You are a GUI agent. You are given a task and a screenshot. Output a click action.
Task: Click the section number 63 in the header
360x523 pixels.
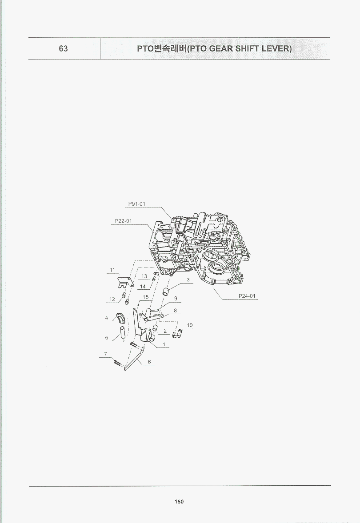click(x=63, y=48)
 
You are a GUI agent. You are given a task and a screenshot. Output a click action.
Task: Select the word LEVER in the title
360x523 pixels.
click(x=276, y=48)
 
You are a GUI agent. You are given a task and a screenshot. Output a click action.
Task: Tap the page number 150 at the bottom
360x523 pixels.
click(x=179, y=502)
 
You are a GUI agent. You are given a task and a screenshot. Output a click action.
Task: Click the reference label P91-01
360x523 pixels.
click(x=137, y=204)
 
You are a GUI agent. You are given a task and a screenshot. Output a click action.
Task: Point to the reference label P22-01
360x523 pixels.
click(x=123, y=221)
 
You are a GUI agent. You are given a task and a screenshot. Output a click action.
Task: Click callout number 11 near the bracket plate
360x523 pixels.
click(x=112, y=270)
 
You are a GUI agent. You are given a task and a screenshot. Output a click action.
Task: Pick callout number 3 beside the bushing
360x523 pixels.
click(x=188, y=280)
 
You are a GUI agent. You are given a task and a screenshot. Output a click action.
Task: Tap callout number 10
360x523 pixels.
click(x=189, y=325)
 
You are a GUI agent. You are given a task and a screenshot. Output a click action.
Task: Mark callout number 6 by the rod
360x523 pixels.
click(x=149, y=362)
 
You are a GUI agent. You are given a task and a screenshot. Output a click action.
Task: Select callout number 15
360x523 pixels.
click(x=145, y=297)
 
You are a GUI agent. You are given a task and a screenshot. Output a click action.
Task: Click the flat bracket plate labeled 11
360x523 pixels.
click(x=125, y=281)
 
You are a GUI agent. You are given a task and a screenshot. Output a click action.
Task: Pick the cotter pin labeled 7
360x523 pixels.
click(x=116, y=362)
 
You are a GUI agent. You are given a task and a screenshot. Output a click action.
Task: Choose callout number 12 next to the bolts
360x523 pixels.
click(x=112, y=299)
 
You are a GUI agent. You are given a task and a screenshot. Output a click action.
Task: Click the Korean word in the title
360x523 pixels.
click(x=168, y=48)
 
